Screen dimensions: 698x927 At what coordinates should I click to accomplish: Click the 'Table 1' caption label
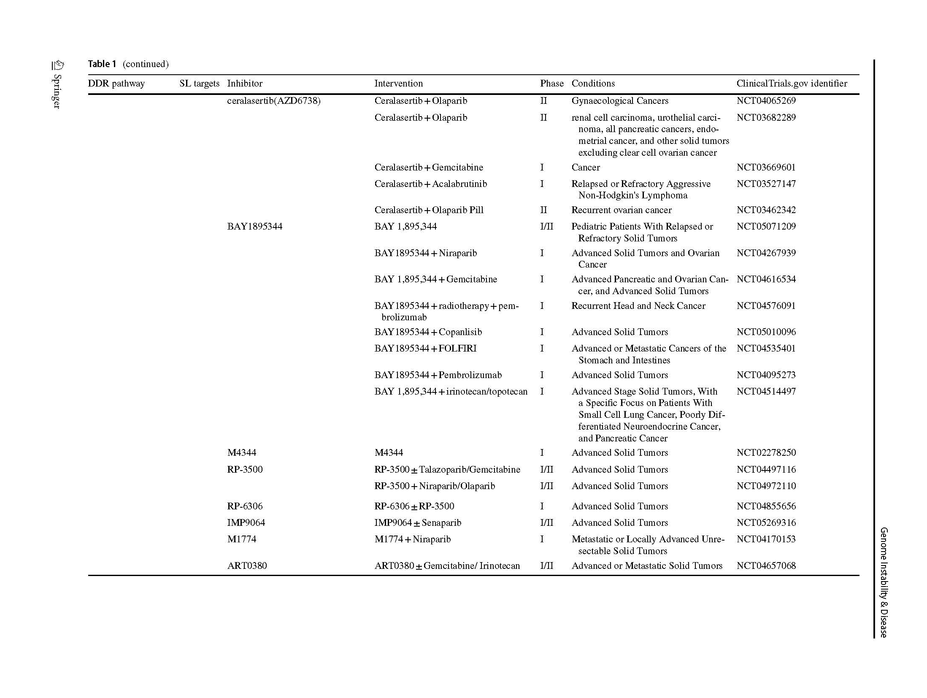tap(102, 64)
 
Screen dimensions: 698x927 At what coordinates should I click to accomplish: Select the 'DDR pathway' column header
tap(116, 84)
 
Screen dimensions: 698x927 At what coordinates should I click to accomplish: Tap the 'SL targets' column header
tap(199, 84)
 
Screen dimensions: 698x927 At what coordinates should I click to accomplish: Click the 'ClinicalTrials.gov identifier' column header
tap(792, 84)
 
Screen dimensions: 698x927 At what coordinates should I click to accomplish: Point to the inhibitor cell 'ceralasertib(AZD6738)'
tap(273, 101)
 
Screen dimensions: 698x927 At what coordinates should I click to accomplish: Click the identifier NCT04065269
tap(766, 101)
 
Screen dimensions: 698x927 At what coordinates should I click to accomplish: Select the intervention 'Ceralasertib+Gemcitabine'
tap(428, 168)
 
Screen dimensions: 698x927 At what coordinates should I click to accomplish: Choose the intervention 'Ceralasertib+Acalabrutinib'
tap(430, 184)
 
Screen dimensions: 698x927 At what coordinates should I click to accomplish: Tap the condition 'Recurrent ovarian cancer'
tap(621, 210)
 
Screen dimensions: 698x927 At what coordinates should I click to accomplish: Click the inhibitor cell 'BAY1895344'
tap(254, 227)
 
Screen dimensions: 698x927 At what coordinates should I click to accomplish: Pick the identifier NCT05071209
tap(766, 227)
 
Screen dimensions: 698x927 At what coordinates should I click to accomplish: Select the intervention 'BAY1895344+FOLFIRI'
tap(425, 349)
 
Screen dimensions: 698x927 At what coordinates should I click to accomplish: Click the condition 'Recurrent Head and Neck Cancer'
tap(638, 306)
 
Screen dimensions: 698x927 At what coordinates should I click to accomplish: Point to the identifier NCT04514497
tap(766, 392)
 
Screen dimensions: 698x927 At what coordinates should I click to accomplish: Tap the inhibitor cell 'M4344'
tap(241, 453)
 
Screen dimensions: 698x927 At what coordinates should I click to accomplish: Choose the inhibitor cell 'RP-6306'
tap(245, 506)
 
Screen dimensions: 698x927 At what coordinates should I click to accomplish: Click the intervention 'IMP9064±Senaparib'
tap(417, 523)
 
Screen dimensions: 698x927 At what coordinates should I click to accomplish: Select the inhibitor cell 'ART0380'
tap(247, 566)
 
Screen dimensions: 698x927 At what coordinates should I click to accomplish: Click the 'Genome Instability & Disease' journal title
tap(884, 582)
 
